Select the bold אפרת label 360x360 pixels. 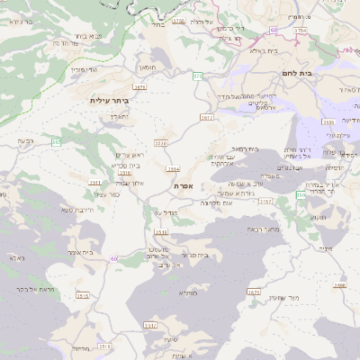point(184,185)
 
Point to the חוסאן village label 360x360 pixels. point(147,66)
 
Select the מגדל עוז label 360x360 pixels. point(164,211)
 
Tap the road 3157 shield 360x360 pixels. point(265,202)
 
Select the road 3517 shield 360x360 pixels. point(149,325)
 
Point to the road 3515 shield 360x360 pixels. point(83,295)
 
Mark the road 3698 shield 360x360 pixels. point(339,285)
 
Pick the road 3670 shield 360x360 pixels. point(253,291)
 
